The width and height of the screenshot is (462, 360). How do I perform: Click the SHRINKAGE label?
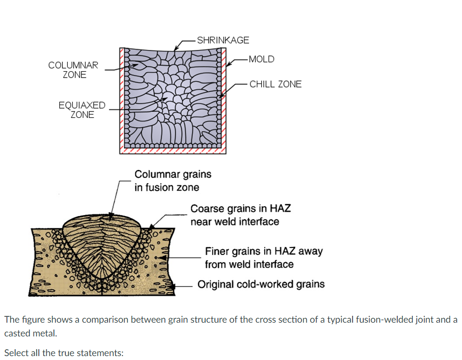223,40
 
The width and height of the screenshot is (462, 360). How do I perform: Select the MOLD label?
261,59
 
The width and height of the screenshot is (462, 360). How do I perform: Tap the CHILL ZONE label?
275,84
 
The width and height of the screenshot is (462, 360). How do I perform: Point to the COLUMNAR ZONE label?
74,70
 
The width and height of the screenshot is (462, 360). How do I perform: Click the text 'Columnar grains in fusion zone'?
173,180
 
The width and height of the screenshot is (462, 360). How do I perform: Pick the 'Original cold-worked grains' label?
261,284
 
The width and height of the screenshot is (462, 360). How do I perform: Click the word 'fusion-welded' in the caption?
360,320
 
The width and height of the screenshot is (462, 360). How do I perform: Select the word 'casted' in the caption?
16,333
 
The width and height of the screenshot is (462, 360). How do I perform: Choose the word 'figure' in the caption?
31,320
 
